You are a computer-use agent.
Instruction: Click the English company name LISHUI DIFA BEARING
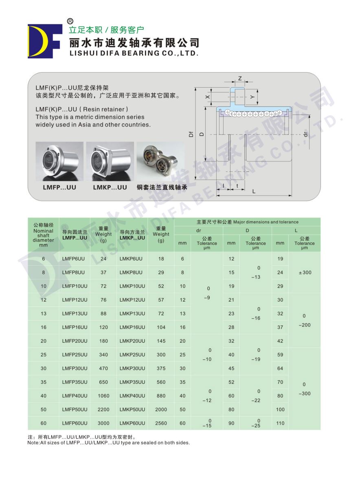click(134, 53)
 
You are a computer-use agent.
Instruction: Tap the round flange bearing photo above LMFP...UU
click(59, 161)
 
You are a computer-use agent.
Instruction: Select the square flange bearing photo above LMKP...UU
click(110, 161)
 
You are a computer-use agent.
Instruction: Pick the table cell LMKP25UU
click(132, 355)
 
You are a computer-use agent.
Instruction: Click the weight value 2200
click(103, 410)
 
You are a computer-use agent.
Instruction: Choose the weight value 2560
click(161, 423)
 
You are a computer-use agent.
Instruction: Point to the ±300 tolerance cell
click(304, 273)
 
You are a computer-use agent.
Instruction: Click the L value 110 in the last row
click(280, 423)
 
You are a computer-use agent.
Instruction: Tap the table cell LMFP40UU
click(75, 396)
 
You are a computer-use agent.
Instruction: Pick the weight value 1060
click(103, 396)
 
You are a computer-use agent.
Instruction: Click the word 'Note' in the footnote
click(33, 443)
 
